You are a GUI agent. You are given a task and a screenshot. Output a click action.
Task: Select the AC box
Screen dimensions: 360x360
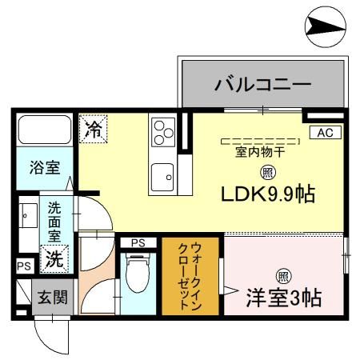[326, 133]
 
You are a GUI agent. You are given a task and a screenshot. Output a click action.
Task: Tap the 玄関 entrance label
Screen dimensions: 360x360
[52, 298]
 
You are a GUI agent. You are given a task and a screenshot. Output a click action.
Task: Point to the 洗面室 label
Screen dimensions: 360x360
[54, 222]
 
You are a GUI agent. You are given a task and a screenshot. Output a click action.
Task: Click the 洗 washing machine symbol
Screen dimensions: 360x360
[54, 258]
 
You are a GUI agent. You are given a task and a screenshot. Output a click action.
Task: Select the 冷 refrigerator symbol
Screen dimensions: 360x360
[93, 129]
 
